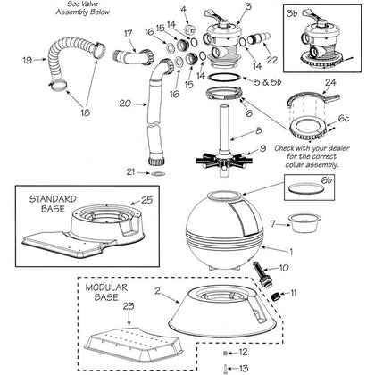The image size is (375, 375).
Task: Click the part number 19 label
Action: point(27,60)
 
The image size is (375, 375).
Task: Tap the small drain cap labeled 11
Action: point(274,296)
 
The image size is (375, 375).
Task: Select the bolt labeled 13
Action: point(225,369)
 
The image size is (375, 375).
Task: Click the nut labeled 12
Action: point(225,353)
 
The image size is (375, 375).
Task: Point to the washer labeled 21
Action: point(158,173)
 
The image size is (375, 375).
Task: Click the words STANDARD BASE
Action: point(53,204)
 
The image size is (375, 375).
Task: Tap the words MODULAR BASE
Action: point(106,292)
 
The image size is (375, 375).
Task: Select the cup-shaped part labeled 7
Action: point(303,223)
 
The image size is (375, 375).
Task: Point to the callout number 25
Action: point(146,200)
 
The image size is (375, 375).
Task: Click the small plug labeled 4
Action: point(189,29)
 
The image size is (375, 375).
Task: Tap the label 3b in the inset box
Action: point(292,13)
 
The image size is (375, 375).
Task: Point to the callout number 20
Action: point(125,104)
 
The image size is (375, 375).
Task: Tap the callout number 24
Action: point(330,82)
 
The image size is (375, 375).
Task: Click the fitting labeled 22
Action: point(259,38)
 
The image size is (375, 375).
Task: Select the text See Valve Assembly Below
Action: point(83,8)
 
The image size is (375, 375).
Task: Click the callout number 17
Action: point(128,33)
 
